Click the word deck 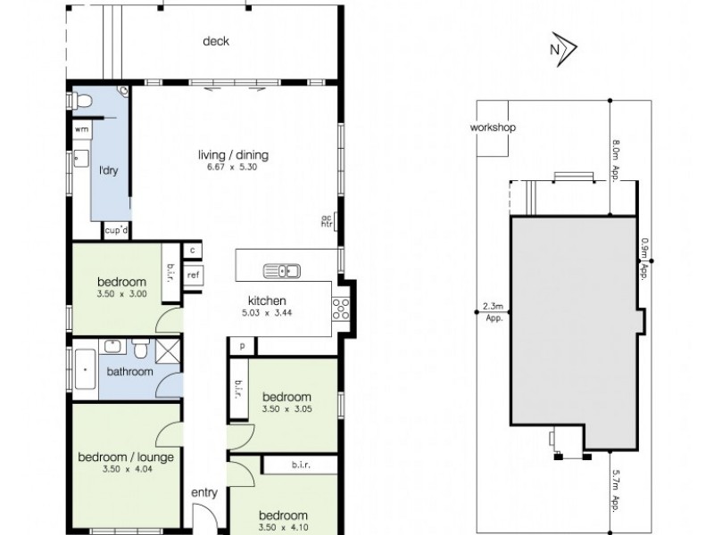click(216, 41)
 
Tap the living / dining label click(233, 155)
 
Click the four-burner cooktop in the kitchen click(339, 309)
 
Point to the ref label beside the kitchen click(193, 276)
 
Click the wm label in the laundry click(81, 129)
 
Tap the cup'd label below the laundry click(116, 231)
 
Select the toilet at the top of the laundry click(82, 103)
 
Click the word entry click(205, 492)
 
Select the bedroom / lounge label click(126, 457)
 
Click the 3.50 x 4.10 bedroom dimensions click(284, 527)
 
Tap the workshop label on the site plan click(493, 128)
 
